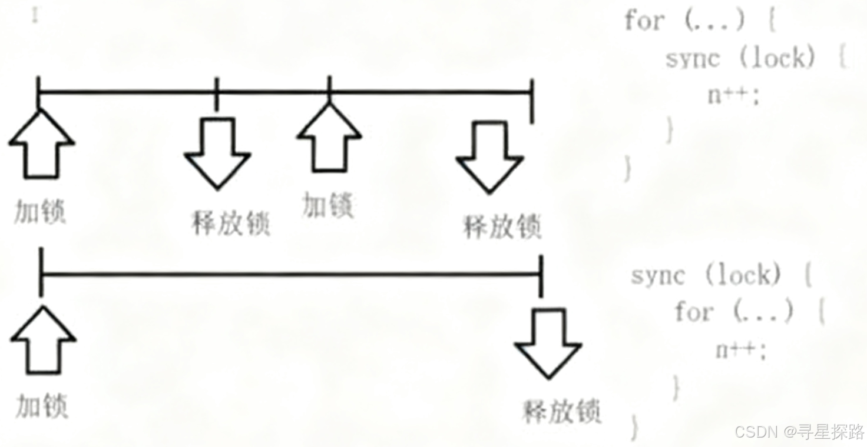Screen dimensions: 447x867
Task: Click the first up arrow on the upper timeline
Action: (41, 145)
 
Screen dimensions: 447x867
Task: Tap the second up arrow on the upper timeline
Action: (329, 138)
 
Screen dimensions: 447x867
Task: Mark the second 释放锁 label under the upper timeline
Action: (502, 226)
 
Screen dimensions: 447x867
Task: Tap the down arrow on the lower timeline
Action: (548, 342)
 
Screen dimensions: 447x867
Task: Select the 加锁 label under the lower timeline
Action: (41, 406)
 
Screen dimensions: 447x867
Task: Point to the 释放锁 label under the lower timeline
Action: (561, 412)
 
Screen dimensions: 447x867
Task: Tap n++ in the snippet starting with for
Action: (733, 95)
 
